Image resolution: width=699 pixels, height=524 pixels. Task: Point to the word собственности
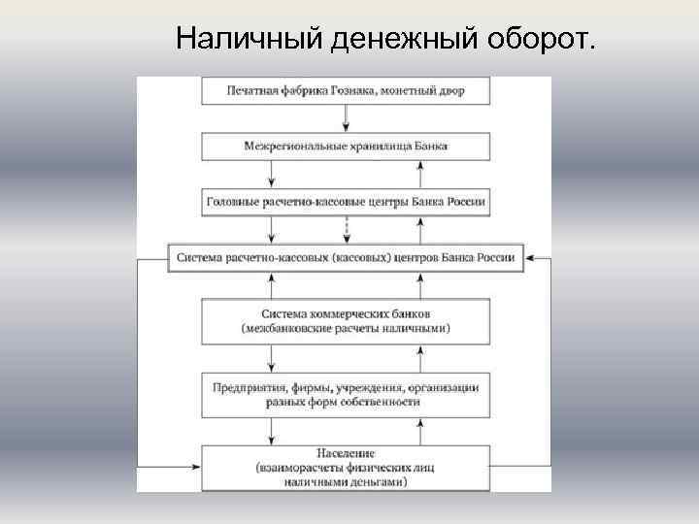pos(382,401)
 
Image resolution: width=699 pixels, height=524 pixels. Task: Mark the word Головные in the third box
pos(232,204)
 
